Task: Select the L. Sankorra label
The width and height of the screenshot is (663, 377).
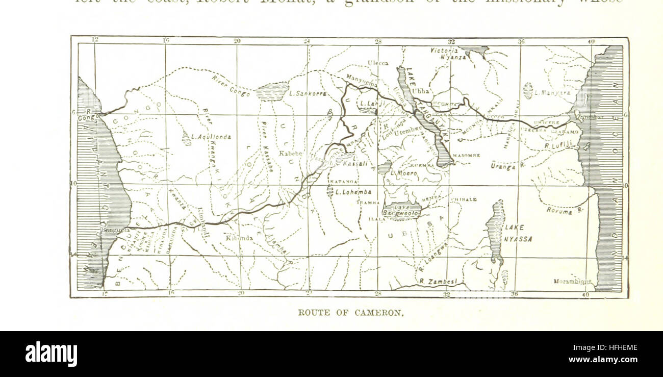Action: tap(308, 93)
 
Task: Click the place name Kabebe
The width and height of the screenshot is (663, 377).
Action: tap(291, 154)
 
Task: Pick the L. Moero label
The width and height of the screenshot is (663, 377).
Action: tap(404, 173)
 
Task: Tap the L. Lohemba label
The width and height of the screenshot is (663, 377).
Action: tap(353, 192)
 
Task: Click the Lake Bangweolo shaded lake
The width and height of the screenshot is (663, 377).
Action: tap(402, 211)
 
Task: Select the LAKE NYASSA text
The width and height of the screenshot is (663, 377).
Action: tap(518, 233)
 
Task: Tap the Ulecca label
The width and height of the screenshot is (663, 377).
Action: tap(378, 63)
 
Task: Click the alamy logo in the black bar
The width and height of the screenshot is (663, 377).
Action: tap(51, 354)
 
